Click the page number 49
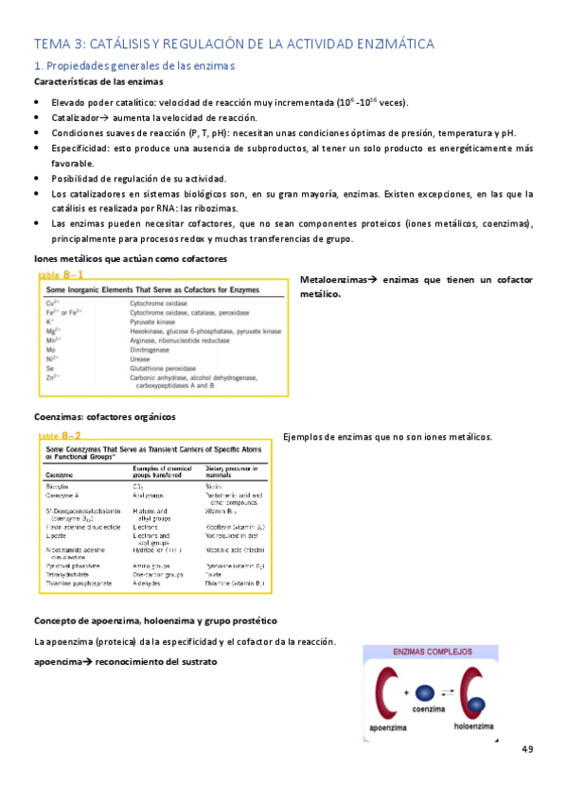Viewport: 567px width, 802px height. pos(526,750)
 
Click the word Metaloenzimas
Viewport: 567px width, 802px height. pos(331,280)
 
